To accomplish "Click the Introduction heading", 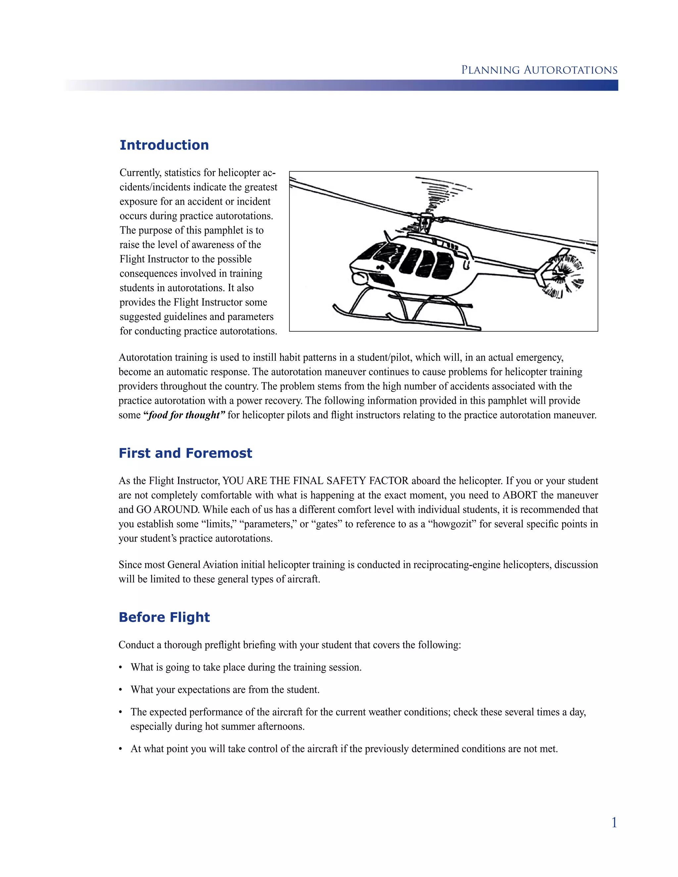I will pyautogui.click(x=164, y=145).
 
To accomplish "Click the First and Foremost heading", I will pyautogui.click(x=185, y=453).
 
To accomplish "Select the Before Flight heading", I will pyautogui.click(x=164, y=617).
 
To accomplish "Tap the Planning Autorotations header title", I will pyautogui.click(x=539, y=70).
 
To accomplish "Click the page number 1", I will pyautogui.click(x=614, y=823).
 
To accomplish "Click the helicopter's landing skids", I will pyautogui.click(x=406, y=317).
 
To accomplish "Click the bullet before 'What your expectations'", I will pyautogui.click(x=121, y=690).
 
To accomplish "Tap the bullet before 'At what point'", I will pyautogui.click(x=121, y=749).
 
